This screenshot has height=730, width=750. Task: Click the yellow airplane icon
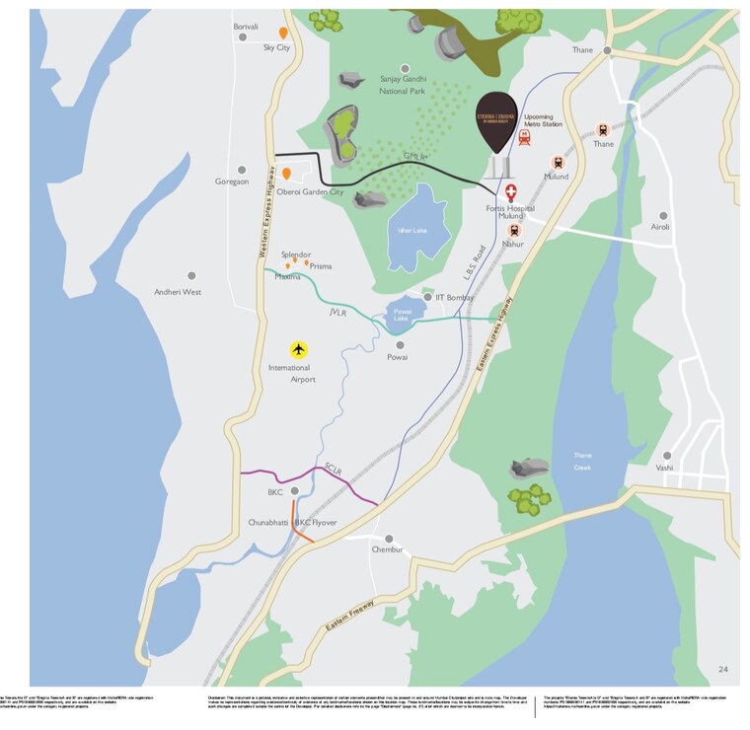tap(299, 349)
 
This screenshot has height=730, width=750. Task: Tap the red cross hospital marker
tap(511, 192)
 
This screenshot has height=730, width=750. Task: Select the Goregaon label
tap(232, 182)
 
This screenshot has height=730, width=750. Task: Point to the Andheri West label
tap(178, 292)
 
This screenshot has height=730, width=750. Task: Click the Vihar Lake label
tap(411, 230)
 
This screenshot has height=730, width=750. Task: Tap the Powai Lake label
tap(401, 316)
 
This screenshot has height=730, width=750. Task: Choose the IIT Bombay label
tap(454, 297)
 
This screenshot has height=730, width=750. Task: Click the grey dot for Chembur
tap(389, 539)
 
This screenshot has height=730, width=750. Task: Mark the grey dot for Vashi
tap(668, 455)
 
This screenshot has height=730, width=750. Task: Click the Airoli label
tap(660, 227)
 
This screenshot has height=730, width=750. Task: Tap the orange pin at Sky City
tap(283, 33)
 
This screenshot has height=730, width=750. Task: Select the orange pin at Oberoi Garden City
tap(286, 174)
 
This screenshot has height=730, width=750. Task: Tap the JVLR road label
tap(339, 312)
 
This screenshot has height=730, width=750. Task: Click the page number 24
tap(723, 670)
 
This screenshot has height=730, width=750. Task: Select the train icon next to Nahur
tap(513, 230)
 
